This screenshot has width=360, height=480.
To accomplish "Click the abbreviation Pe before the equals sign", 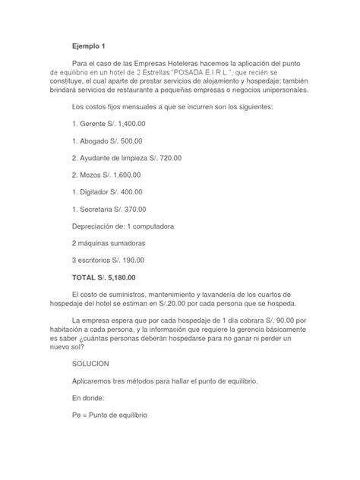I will click(x=75, y=416).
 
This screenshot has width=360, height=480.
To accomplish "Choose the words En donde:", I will click(x=90, y=399).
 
